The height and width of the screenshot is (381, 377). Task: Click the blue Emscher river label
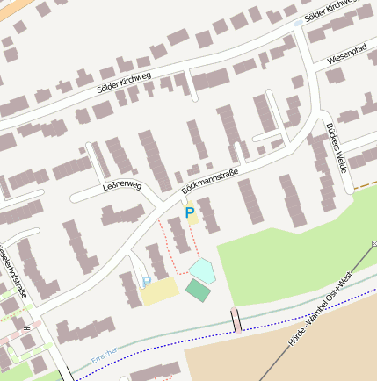pyautogui.click(x=103, y=356)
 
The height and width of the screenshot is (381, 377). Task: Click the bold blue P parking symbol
pyautogui.click(x=189, y=212)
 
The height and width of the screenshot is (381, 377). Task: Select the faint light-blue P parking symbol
pyautogui.click(x=146, y=281)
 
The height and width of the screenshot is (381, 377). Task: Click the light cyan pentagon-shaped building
pyautogui.click(x=202, y=270)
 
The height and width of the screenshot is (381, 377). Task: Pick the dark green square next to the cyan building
pyautogui.click(x=198, y=291)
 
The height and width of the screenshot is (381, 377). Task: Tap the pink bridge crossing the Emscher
pyautogui.click(x=236, y=320)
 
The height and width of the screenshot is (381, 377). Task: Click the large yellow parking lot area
pyautogui.click(x=159, y=291)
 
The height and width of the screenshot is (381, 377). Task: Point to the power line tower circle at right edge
pyautogui.click(x=373, y=243)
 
